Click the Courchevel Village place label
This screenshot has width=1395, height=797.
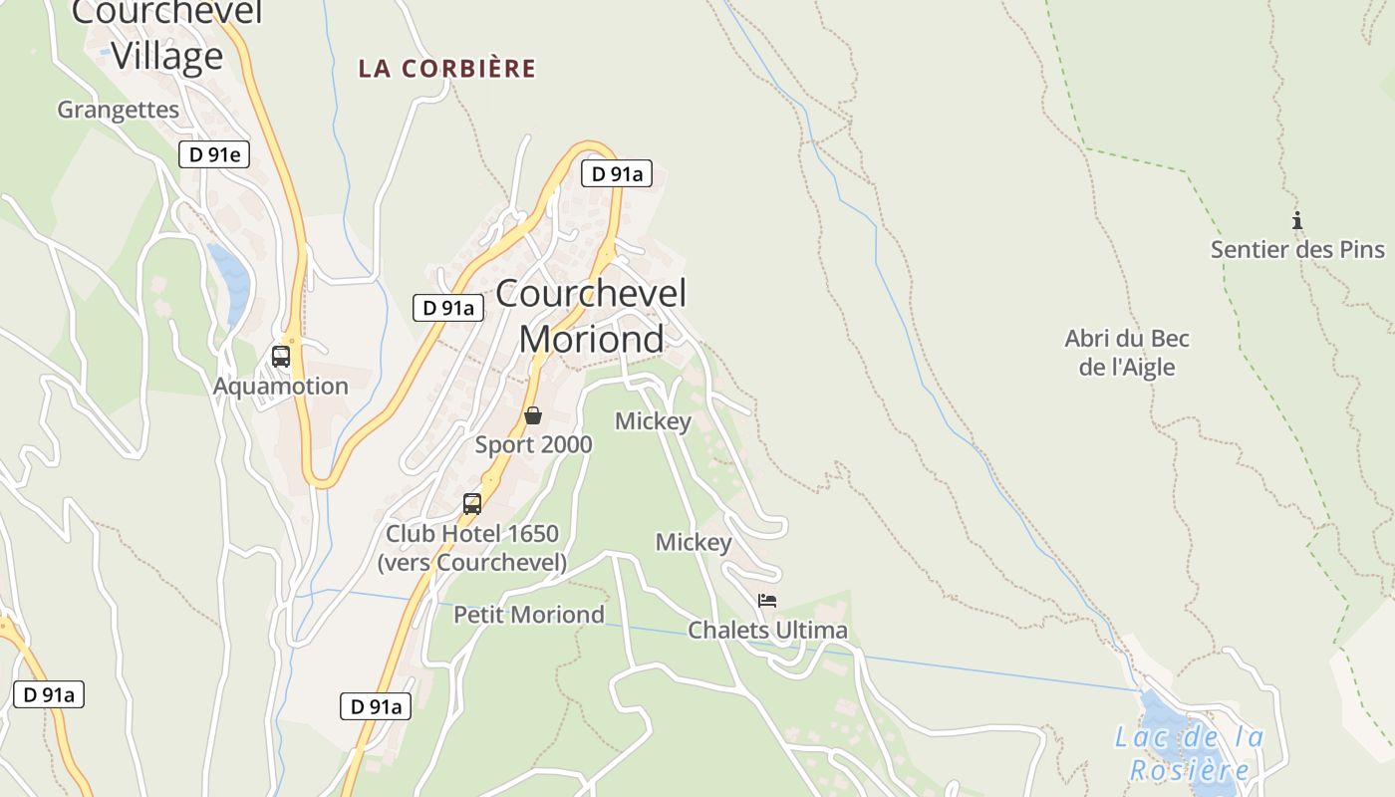pos(166,35)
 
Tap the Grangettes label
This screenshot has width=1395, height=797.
pos(118,110)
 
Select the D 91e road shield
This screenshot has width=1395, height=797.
pos(213,154)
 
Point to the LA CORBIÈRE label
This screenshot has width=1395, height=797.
pos(447,69)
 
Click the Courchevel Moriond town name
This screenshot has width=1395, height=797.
pos(591,316)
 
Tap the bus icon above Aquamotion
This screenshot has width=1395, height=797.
pos(281,357)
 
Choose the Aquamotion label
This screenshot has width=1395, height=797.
pos(281,386)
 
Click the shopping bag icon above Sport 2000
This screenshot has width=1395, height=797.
pos(533,415)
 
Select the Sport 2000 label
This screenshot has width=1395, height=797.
pos(533,444)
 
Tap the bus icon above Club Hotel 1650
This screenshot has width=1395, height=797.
pos(472,504)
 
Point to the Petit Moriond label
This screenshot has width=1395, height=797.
pos(528,615)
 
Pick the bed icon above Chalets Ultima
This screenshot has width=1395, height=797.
pos(767,601)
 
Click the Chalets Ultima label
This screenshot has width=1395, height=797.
pos(767,630)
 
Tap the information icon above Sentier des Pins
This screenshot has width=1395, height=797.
pos(1296,221)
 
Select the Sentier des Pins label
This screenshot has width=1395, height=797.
pos(1297,249)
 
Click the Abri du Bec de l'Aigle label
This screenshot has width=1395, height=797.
pos(1127,353)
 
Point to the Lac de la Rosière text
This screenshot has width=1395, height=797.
pos(1189,753)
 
